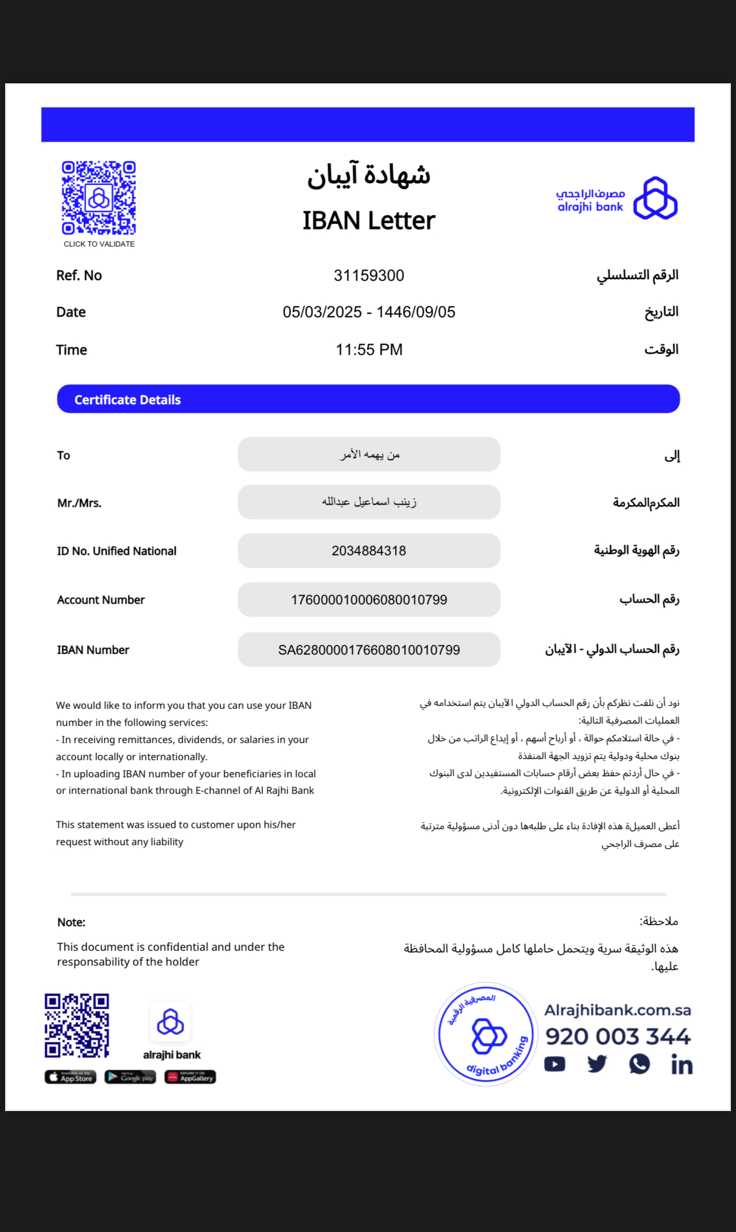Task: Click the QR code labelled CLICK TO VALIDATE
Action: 99,197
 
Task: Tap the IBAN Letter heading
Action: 369,220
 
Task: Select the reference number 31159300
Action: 369,276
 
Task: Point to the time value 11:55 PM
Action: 369,349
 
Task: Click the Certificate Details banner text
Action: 127,399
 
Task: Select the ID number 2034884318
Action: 369,551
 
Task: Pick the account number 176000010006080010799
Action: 369,600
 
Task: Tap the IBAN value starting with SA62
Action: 369,650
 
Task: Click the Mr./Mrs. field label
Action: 79,503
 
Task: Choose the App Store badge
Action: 70,1077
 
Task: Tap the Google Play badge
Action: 130,1077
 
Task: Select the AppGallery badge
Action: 190,1077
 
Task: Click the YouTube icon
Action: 555,1064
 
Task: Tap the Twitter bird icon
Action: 597,1064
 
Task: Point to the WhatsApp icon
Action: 639,1064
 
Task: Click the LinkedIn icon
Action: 681,1065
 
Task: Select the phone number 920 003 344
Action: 617,1036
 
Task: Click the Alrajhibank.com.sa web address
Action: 617,1010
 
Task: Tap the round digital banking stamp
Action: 486,1034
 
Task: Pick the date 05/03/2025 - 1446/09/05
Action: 369,312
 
